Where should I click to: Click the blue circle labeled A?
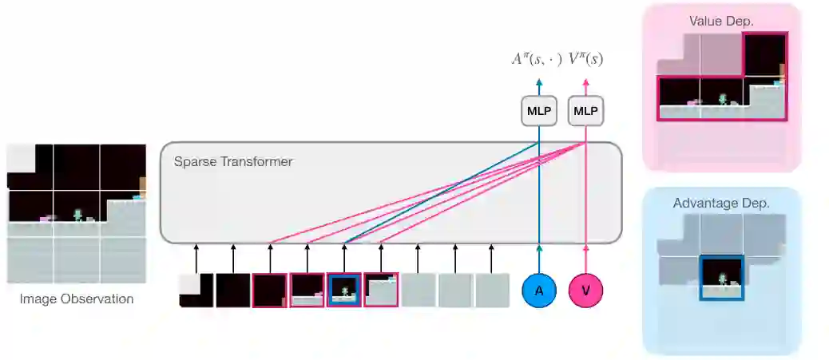point(539,291)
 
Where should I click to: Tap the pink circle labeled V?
point(585,291)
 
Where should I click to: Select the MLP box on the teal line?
point(539,112)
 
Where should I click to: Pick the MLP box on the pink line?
point(585,112)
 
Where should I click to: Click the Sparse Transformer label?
point(233,162)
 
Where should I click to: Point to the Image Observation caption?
point(77,299)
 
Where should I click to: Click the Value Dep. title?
point(721,21)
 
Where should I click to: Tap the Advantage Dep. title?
point(721,203)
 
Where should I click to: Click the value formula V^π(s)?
point(585,59)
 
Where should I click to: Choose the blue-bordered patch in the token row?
point(344,290)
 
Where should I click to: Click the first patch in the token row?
point(196,290)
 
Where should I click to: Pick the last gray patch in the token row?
point(492,290)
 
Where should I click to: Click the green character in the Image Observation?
point(78,216)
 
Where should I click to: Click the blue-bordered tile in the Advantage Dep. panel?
point(722,278)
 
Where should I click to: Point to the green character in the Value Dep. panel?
point(723,100)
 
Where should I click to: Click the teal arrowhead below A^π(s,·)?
point(539,82)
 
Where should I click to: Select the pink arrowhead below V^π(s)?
point(585,82)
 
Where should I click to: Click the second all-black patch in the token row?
point(270,290)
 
